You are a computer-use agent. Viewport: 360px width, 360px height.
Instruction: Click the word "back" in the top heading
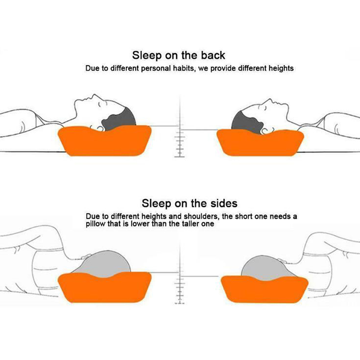pos(213,55)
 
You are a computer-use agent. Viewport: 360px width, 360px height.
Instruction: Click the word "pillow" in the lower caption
pos(95,224)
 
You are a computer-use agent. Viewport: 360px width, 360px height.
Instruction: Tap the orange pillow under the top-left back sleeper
pos(105,140)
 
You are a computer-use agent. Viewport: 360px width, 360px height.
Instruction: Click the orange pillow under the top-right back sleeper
pos(260,143)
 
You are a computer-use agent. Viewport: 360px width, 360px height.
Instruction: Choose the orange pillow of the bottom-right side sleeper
pos(264,289)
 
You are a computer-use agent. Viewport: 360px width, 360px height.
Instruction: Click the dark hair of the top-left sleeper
pos(119,119)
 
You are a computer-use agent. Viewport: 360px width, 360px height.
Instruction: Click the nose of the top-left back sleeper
pos(94,96)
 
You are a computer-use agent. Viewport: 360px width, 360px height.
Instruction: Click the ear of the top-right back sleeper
pos(265,131)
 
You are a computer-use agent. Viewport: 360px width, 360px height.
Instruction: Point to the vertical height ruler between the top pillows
pos(180,127)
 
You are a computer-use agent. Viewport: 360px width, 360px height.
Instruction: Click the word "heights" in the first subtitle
pos(281,68)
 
